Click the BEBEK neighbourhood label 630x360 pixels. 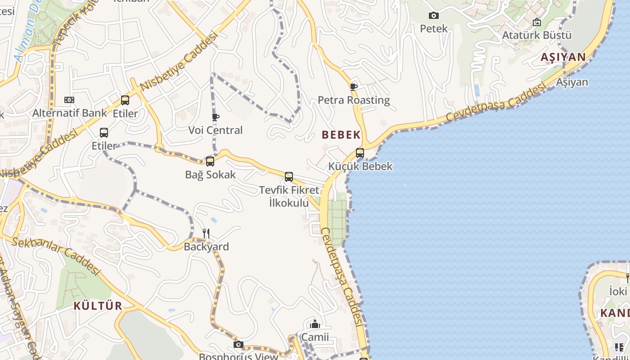click(341, 135)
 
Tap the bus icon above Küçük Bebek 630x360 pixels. click(360, 153)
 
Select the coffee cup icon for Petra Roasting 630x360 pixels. click(354, 87)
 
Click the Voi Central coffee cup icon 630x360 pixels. click(216, 117)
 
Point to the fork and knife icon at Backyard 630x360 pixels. click(206, 233)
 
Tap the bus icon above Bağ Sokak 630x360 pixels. click(210, 162)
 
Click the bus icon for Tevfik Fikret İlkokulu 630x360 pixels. click(289, 177)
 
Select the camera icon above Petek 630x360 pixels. click(434, 16)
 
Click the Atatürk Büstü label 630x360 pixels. click(536, 35)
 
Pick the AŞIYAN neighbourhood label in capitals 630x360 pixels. click(563, 57)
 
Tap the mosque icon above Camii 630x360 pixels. click(315, 324)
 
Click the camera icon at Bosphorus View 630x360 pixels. click(238, 345)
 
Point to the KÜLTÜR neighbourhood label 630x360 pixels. click(98, 306)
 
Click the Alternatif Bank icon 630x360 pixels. click(69, 100)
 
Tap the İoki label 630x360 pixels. click(617, 291)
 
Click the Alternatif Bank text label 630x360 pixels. click(69, 113)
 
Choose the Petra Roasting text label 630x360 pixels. click(354, 100)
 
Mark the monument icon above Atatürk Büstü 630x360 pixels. click(537, 22)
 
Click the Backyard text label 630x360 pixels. click(206, 247)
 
